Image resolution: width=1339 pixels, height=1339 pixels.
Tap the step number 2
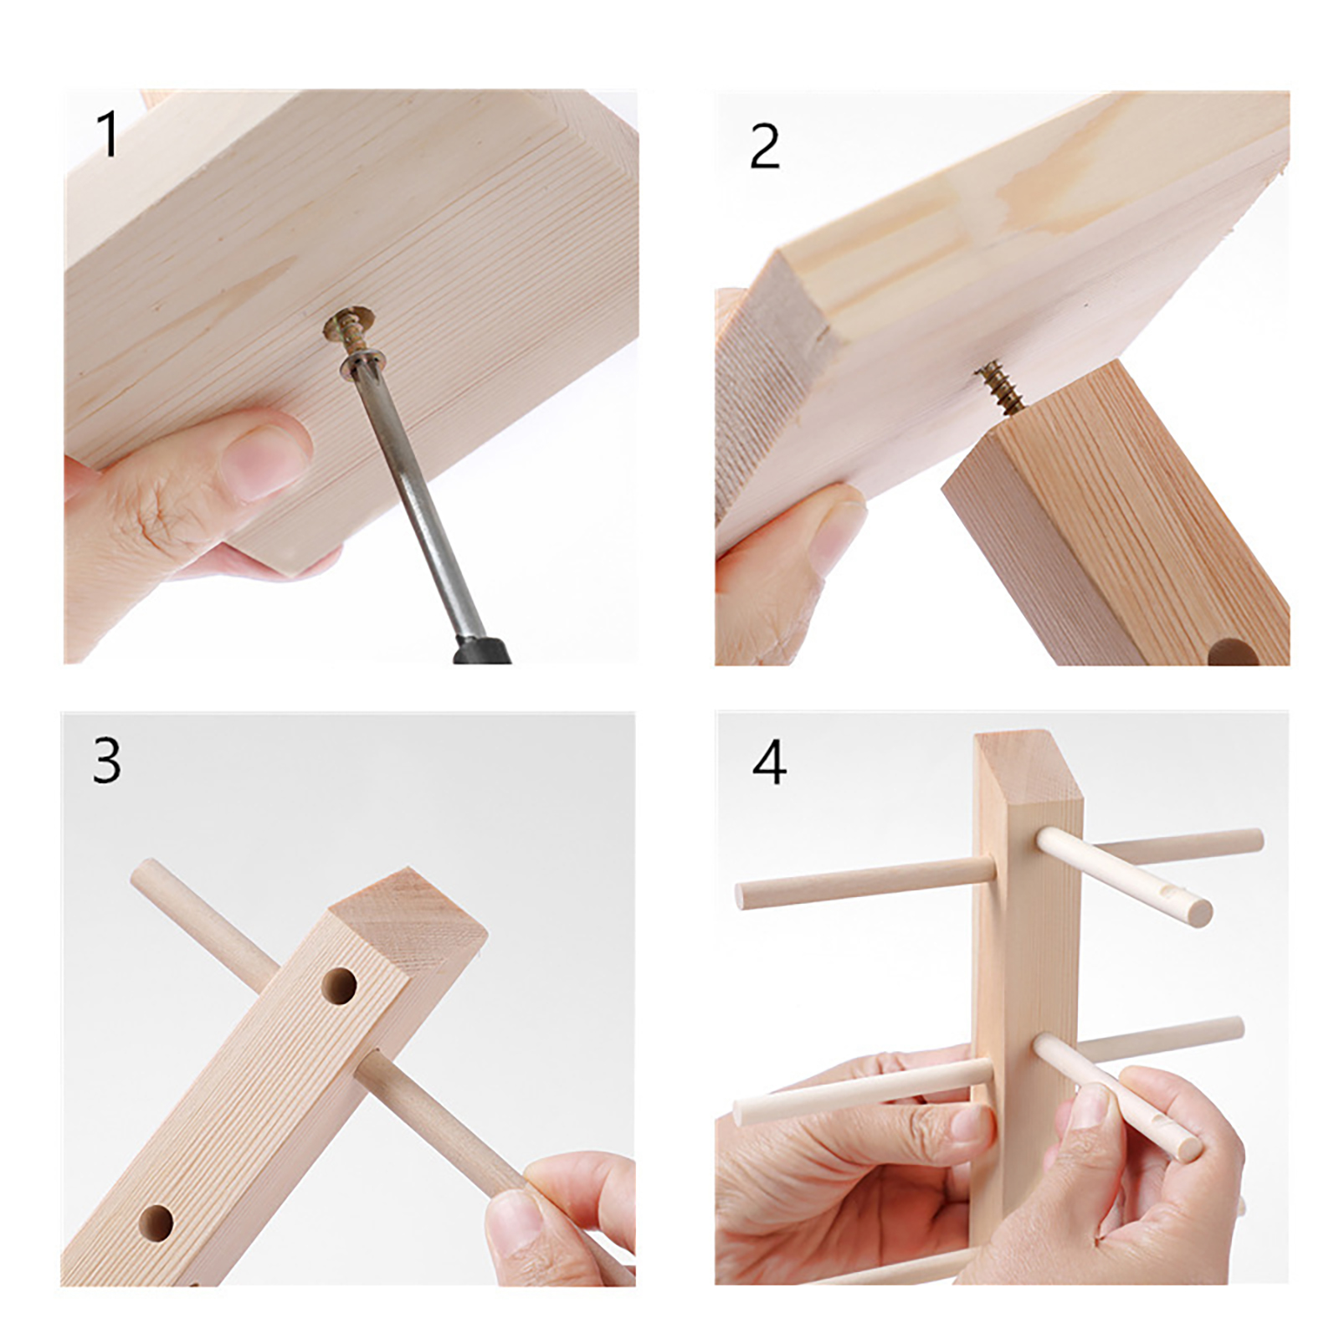click(x=765, y=147)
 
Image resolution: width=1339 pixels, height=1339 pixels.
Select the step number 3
click(x=106, y=761)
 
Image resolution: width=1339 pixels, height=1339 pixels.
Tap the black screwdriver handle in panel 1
click(x=482, y=650)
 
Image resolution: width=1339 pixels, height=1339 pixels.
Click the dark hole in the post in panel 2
click(x=1233, y=653)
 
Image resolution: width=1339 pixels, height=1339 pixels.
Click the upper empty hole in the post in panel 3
click(x=339, y=986)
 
